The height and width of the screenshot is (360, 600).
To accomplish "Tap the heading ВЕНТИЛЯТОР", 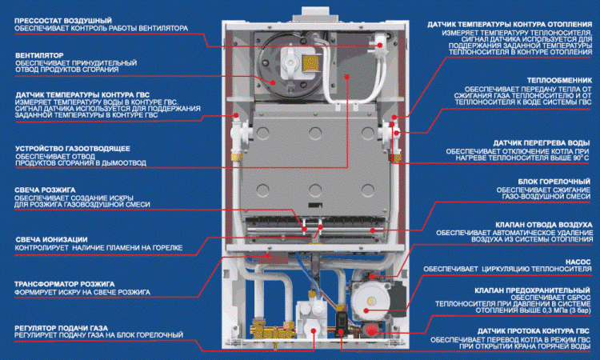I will click(x=42, y=55).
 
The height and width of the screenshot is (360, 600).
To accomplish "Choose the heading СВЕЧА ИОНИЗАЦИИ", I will click(x=51, y=239).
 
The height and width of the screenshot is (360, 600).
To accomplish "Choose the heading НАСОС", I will click(x=578, y=260).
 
